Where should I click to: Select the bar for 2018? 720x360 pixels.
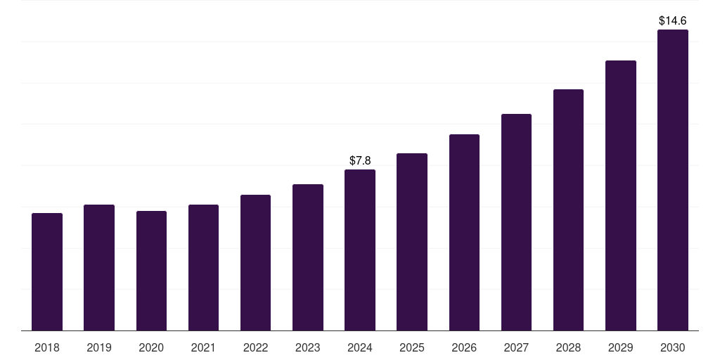pyautogui.click(x=47, y=271)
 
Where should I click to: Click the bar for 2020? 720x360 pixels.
pyautogui.click(x=151, y=271)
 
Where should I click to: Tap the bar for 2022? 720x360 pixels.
pyautogui.click(x=255, y=262)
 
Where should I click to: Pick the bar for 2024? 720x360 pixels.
pyautogui.click(x=360, y=250)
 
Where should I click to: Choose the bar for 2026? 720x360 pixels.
pyautogui.click(x=464, y=232)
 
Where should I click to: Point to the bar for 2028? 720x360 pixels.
pyautogui.click(x=568, y=210)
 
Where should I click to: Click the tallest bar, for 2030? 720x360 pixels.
pyautogui.click(x=673, y=180)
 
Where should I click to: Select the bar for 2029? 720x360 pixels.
pyautogui.click(x=621, y=195)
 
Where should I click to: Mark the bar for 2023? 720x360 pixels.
pyautogui.click(x=308, y=257)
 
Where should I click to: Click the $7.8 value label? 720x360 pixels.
pyautogui.click(x=360, y=161)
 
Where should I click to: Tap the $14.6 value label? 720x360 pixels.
pyautogui.click(x=673, y=21)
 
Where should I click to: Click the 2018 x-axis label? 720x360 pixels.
pyautogui.click(x=47, y=347)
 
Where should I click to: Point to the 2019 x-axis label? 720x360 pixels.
pyautogui.click(x=99, y=347)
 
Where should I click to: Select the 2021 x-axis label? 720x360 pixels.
pyautogui.click(x=203, y=347)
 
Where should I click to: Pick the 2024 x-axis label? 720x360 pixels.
pyautogui.click(x=360, y=347)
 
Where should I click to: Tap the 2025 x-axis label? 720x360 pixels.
pyautogui.click(x=412, y=347)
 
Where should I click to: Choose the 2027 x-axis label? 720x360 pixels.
pyautogui.click(x=516, y=347)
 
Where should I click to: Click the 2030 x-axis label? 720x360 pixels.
pyautogui.click(x=673, y=347)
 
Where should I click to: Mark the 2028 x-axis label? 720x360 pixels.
pyautogui.click(x=568, y=347)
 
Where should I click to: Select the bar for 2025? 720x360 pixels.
pyautogui.click(x=412, y=242)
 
